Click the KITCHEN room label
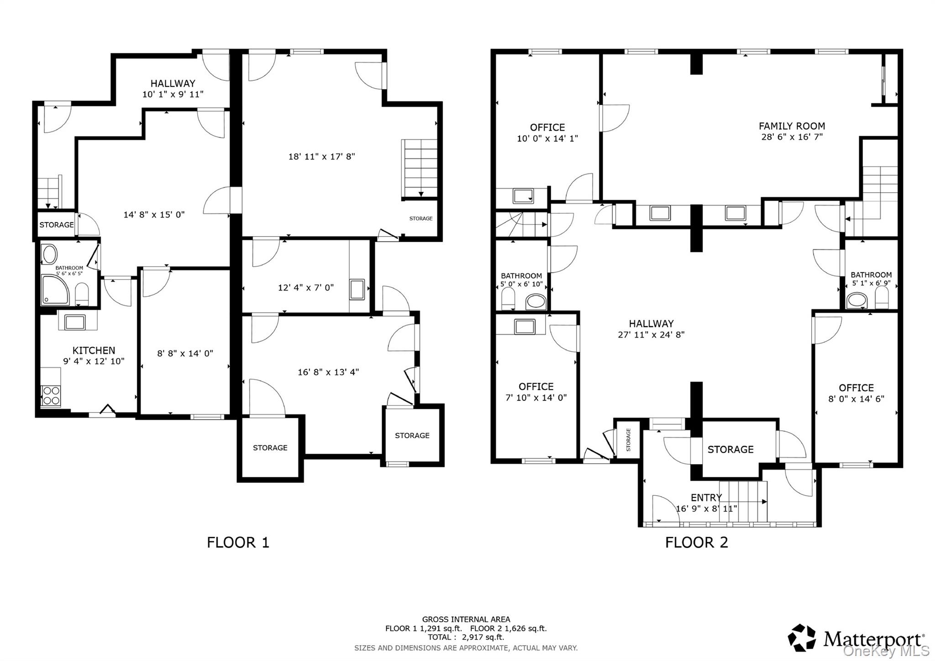[x=94, y=350]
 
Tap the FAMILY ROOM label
[x=792, y=126]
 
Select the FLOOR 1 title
[x=238, y=542]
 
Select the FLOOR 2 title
[x=696, y=542]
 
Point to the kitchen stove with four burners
[x=51, y=396]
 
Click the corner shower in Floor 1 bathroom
[x=55, y=290]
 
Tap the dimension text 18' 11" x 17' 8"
[x=321, y=157]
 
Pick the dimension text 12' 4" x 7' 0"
[x=306, y=288]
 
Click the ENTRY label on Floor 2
[x=706, y=497]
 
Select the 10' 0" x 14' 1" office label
[x=547, y=138]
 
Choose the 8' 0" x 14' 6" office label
[x=856, y=399]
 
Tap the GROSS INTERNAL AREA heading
[x=466, y=619]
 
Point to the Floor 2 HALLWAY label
[x=651, y=323]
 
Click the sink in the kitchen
[x=74, y=322]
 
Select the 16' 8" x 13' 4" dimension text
[x=328, y=372]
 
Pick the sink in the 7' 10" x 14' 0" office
[x=525, y=327]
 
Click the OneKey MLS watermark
[x=886, y=650]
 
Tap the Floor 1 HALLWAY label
[x=173, y=83]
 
